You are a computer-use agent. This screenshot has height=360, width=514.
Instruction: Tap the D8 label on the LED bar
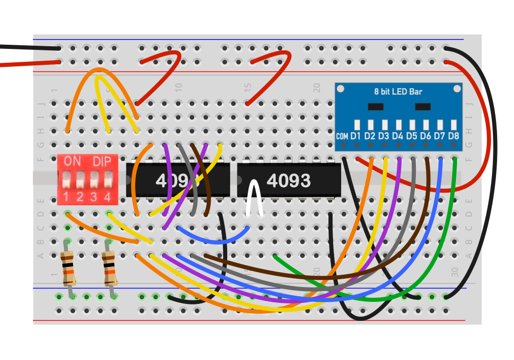tap(453, 136)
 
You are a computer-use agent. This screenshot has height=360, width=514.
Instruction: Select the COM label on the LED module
tap(342, 136)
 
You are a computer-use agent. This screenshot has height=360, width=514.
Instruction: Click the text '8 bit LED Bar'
tap(398, 92)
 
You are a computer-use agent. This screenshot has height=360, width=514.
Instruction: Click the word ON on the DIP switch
tap(72, 161)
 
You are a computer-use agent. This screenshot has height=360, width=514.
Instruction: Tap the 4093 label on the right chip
tap(288, 181)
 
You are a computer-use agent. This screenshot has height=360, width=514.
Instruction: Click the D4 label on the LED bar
tap(397, 136)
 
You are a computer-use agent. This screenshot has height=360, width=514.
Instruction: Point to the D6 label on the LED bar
tap(425, 136)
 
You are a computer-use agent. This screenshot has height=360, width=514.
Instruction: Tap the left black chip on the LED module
tap(376, 106)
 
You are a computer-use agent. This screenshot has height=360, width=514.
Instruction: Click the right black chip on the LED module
tap(423, 106)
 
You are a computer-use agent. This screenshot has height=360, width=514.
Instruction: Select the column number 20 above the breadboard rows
tap(317, 87)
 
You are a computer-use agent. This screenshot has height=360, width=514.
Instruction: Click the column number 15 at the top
tap(248, 87)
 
